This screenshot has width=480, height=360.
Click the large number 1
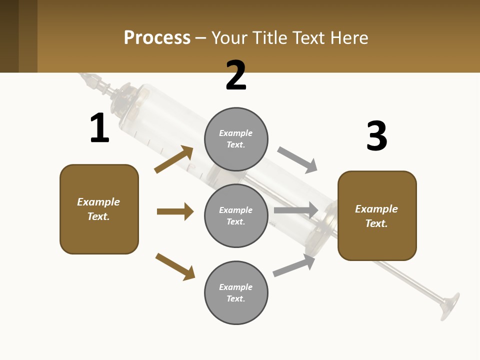99,128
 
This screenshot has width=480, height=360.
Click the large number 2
236,75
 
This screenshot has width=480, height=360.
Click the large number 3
376,136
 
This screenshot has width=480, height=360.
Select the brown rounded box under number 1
99,209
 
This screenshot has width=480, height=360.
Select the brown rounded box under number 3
377,216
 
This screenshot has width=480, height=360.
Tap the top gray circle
236,139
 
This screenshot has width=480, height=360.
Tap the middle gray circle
236,215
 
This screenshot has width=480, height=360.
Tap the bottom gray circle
236,292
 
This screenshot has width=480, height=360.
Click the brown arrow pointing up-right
174,159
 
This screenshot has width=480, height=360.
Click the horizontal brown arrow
175,211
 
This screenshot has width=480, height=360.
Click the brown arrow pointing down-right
175,266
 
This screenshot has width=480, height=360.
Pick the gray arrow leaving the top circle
297,159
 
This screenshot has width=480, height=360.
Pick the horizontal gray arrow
296,210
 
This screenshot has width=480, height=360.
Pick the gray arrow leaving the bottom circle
294,265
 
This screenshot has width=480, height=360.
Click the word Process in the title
157,37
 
